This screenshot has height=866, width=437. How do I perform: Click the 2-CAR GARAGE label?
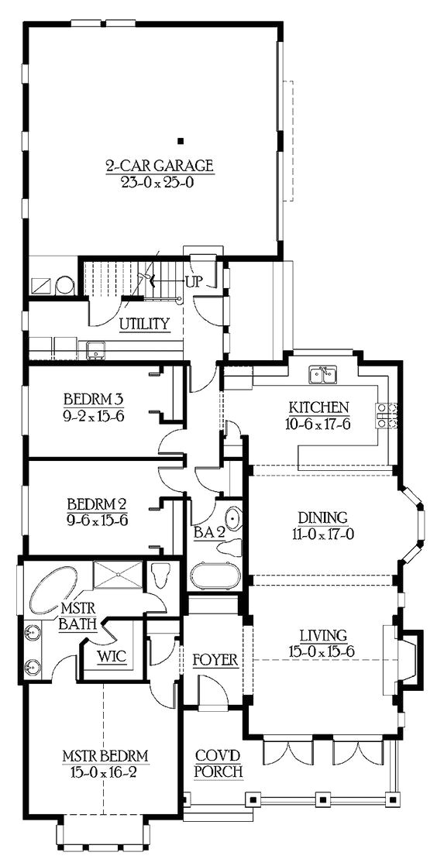159,166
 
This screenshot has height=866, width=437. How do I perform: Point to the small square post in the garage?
180,140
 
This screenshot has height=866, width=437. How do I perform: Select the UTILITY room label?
144,323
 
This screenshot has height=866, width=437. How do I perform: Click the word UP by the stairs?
193,281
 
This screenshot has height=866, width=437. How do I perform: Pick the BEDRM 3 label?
94,400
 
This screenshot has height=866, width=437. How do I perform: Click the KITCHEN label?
318,407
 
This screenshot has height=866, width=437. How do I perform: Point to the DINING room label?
322,517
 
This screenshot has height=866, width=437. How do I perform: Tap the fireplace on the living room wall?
403,658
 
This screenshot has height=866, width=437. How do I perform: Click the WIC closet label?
112,655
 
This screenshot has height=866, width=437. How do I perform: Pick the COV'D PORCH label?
218,763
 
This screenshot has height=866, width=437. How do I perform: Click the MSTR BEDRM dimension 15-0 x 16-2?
105,771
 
